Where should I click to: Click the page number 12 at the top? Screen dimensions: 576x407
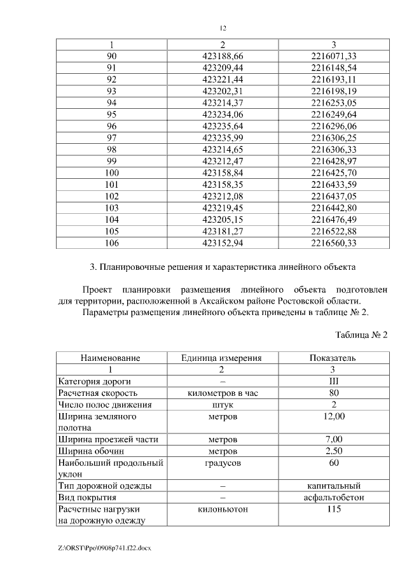(223, 28)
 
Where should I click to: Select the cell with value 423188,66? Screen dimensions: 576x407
(223, 56)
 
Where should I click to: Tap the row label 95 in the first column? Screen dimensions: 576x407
(111, 114)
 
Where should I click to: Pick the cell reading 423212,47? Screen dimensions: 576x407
(223, 161)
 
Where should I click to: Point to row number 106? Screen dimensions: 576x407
(111, 242)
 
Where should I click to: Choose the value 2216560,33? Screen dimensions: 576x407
(334, 242)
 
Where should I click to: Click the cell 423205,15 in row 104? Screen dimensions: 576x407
(223, 219)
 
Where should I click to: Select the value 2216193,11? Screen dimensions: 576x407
(334, 80)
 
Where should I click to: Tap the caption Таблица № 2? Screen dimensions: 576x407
(361, 335)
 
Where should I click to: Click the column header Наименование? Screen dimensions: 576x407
(110, 358)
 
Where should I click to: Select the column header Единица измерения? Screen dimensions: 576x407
(222, 358)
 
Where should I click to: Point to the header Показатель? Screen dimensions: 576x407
(333, 358)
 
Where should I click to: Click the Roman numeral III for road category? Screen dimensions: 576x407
(333, 381)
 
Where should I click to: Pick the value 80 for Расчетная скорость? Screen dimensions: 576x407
(333, 393)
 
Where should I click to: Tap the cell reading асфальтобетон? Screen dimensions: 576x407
(333, 497)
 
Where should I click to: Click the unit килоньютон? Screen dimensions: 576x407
(222, 509)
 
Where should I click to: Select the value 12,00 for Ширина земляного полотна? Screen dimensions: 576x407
(333, 416)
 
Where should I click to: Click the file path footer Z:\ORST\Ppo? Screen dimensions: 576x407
(105, 547)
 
